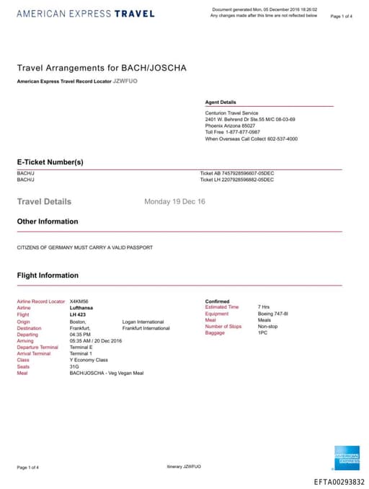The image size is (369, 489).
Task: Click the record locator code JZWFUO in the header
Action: [125, 81]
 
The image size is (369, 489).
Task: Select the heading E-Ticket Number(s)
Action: [50, 162]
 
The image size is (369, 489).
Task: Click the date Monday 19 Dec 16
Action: [174, 202]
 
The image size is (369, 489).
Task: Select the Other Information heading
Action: [48, 221]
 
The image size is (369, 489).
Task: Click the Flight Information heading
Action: [48, 276]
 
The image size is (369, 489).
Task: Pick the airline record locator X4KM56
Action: [79, 301]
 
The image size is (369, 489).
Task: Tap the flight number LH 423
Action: [78, 314]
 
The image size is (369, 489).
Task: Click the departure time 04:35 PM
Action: [80, 334]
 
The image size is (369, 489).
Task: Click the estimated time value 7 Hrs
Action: [263, 307]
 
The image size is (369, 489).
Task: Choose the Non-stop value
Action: [267, 327]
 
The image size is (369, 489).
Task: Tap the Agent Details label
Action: [221, 102]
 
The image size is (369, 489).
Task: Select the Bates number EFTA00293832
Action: [339, 482]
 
